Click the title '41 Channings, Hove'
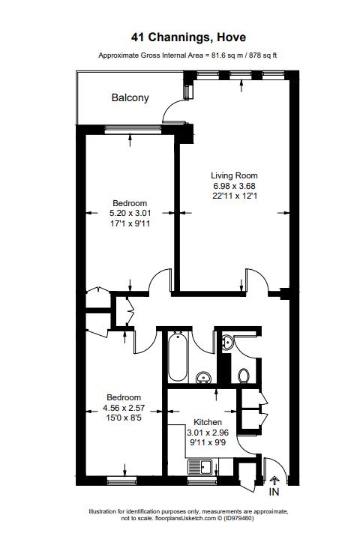[x=188, y=37]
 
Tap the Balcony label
[x=130, y=97]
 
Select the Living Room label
[x=234, y=175]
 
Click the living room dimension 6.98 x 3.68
[x=234, y=186]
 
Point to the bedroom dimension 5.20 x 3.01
[x=130, y=213]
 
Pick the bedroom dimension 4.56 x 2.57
[x=124, y=408]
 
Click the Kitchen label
[x=208, y=422]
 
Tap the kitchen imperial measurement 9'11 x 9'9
[x=208, y=442]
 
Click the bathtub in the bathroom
[x=178, y=357]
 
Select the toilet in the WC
[x=244, y=376]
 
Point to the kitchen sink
[x=201, y=468]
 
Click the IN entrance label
[x=274, y=492]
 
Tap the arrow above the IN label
[x=274, y=481]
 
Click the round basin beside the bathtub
[x=202, y=378]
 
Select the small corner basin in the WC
[x=227, y=343]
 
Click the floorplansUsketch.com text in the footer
[x=186, y=518]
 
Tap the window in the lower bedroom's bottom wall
[x=121, y=481]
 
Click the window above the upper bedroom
[x=133, y=129]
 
